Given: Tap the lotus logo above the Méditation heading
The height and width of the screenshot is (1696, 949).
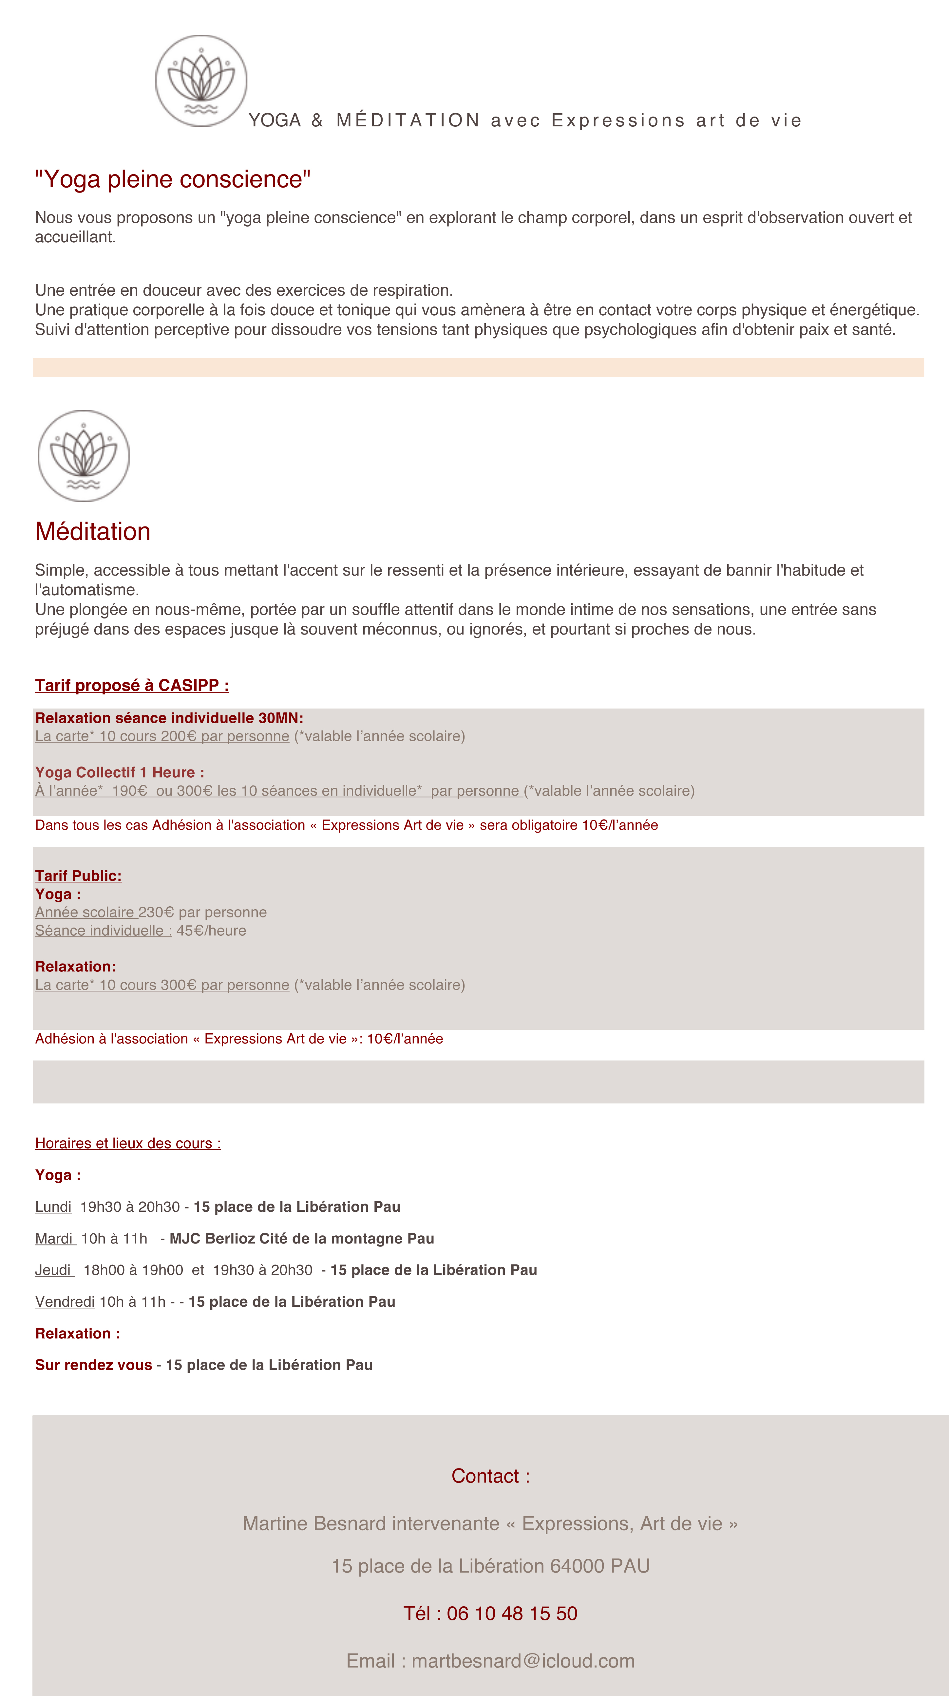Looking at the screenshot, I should [x=84, y=456].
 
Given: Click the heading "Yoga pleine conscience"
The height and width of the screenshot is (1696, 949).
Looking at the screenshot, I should [x=173, y=179].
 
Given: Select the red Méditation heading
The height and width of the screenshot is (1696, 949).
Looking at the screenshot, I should [x=93, y=531].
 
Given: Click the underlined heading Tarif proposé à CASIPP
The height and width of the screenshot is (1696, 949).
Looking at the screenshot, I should [x=132, y=685].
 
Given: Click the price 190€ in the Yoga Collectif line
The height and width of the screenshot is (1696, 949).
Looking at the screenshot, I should [x=129, y=791].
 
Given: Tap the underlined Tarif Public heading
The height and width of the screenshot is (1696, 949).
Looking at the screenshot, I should [x=78, y=876].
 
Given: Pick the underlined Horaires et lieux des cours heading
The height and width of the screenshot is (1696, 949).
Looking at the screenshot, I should [x=128, y=1144].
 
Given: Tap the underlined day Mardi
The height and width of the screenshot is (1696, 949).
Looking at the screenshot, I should [x=55, y=1238].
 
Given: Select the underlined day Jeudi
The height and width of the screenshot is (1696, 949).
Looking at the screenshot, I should [x=54, y=1270].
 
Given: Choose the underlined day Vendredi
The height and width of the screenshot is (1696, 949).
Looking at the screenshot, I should [x=65, y=1301].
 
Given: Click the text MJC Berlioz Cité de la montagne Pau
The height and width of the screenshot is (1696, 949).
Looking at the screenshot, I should [x=302, y=1238].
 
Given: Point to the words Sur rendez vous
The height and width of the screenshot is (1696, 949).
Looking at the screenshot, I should [x=93, y=1365].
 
